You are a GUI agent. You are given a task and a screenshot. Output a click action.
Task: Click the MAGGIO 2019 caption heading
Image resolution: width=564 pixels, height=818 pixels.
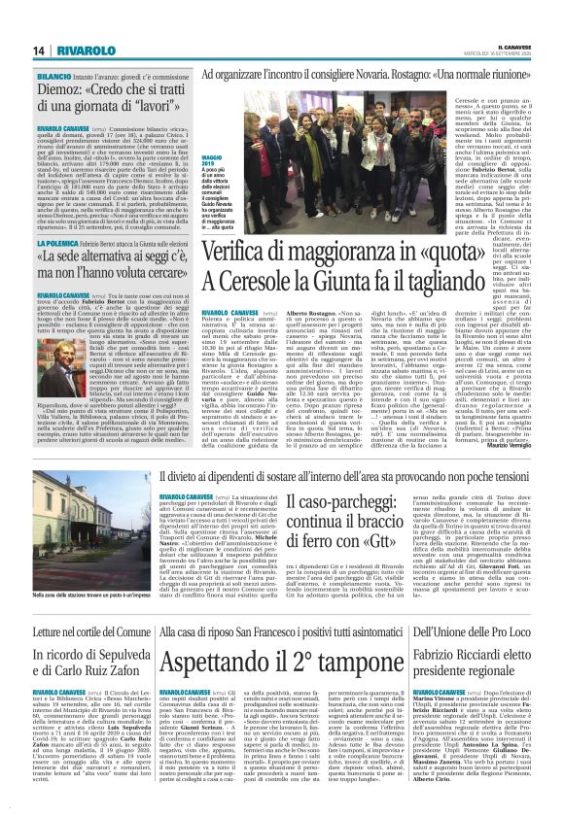click(x=216, y=157)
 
